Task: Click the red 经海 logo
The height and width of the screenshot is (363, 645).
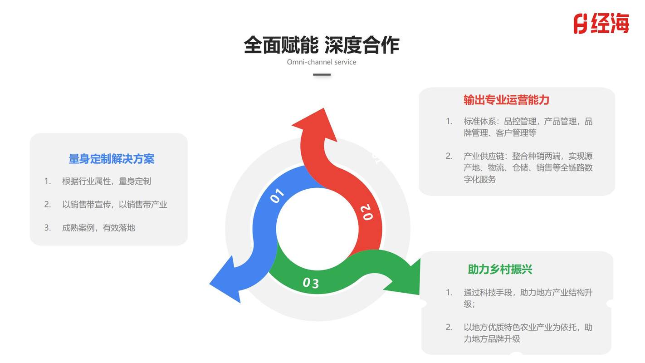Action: (601, 24)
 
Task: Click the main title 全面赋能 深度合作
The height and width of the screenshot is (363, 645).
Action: (322, 45)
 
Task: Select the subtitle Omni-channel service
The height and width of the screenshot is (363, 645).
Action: (321, 62)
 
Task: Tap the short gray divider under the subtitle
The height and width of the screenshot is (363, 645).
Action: (322, 74)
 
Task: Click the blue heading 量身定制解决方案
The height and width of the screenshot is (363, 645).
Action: (112, 159)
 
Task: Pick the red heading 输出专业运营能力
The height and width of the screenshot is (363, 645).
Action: (507, 100)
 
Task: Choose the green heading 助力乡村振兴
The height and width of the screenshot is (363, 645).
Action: (500, 270)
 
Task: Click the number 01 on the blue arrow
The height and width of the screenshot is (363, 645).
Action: (277, 196)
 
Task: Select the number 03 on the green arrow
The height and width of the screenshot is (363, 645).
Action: (311, 283)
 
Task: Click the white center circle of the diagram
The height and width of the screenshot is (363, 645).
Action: (318, 229)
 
